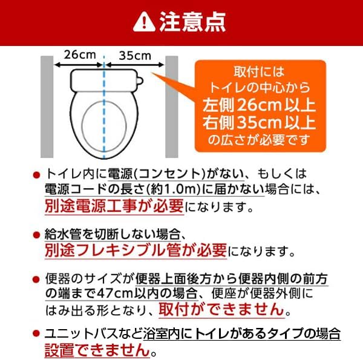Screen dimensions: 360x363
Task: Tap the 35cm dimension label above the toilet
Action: [134, 54]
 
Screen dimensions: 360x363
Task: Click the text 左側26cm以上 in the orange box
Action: [259, 105]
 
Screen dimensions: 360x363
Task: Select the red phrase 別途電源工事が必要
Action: [114, 206]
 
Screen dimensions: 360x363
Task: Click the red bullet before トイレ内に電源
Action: [37, 174]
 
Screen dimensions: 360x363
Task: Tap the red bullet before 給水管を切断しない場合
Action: [37, 234]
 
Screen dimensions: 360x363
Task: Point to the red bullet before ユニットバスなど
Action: [37, 333]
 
